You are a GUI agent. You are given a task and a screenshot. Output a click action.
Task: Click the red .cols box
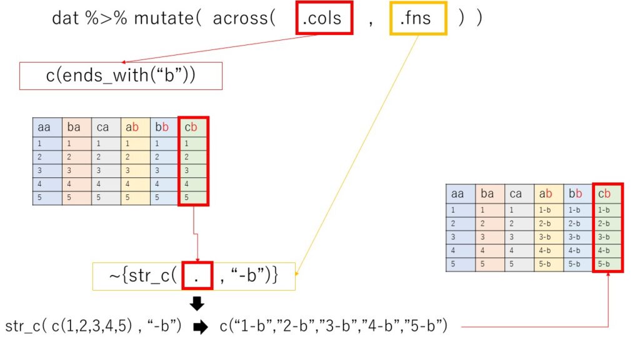coord(323,17)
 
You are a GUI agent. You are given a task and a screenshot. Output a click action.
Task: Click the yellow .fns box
coord(419,17)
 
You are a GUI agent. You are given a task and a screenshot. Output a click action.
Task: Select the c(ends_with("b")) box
coord(121,76)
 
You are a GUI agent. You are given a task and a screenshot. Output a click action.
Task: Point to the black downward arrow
coord(197,304)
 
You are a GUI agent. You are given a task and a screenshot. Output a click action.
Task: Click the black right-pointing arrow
coord(201,327)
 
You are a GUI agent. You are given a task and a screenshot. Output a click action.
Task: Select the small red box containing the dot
coord(197,276)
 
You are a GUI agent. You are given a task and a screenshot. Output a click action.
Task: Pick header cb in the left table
coord(192,127)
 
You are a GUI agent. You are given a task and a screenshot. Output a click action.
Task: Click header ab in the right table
coord(548,194)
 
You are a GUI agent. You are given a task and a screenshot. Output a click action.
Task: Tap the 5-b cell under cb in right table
coord(607,264)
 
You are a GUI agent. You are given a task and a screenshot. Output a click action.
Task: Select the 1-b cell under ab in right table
coord(548,210)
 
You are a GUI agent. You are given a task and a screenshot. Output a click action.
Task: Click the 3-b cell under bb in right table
coord(577,237)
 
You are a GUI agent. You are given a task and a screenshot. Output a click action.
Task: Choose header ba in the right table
coord(489,194)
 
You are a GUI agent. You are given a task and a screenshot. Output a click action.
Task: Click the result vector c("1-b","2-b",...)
coord(333,327)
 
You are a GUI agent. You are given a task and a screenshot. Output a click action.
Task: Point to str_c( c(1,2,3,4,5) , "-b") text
coord(94,327)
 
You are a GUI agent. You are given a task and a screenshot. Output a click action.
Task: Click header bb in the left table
coord(164,127)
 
